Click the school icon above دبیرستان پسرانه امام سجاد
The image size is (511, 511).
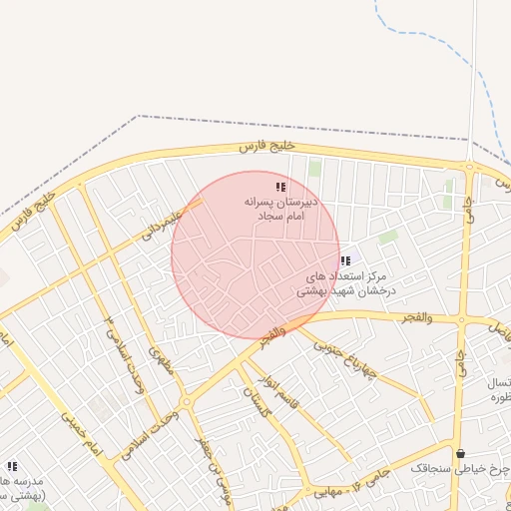click(281, 187)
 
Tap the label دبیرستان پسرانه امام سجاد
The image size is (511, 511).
click(281, 209)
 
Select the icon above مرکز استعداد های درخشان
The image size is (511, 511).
click(345, 261)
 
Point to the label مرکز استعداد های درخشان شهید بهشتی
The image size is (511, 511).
click(345, 283)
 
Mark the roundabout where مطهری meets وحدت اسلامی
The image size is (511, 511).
click(187, 402)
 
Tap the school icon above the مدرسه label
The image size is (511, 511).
click(12, 466)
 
